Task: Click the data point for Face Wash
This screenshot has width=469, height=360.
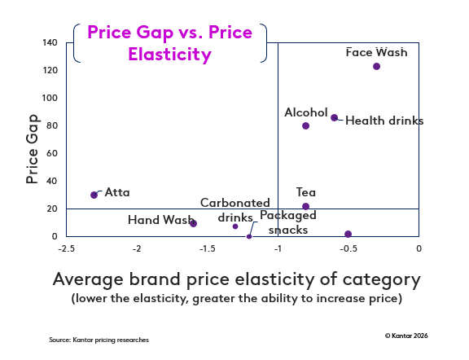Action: tap(376, 66)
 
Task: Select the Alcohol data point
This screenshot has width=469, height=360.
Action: tap(305, 125)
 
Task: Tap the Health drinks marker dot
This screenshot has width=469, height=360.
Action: tap(334, 117)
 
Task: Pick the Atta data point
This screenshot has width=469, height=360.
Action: tap(94, 195)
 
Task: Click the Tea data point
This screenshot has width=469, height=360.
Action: tap(305, 206)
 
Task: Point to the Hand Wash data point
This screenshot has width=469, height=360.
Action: tap(193, 223)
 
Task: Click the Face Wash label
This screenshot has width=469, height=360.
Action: tap(376, 52)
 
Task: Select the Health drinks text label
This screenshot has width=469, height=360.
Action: tap(384, 121)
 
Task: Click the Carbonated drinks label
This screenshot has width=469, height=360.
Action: tap(235, 209)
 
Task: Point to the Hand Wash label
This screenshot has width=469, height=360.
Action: tap(160, 220)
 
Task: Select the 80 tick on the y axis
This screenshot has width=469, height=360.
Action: tap(50, 125)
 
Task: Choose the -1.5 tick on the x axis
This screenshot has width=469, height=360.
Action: tap(208, 248)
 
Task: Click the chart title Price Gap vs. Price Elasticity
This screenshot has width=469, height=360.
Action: tap(169, 43)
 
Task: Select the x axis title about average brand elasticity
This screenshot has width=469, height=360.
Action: tap(236, 279)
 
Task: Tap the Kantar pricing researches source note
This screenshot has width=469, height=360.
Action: tap(99, 339)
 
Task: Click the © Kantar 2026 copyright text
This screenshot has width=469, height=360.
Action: tap(405, 335)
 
